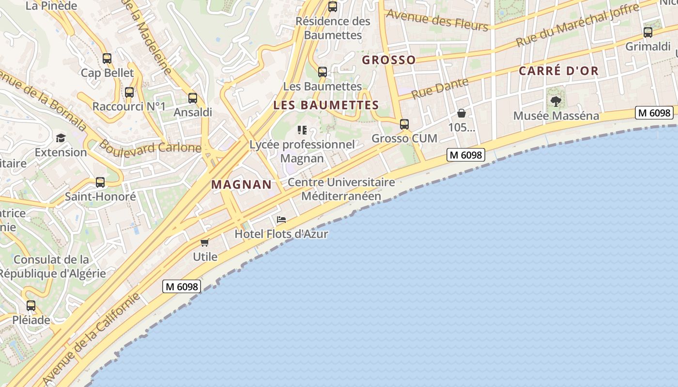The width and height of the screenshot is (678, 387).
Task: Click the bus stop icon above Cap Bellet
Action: pyautogui.click(x=107, y=59)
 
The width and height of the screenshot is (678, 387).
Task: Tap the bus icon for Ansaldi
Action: pyautogui.click(x=193, y=98)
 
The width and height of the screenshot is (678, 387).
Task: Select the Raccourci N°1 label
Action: pyautogui.click(x=129, y=106)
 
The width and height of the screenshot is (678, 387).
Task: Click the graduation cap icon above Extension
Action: pyautogui.click(x=61, y=138)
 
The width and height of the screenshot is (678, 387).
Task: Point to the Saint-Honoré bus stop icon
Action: pyautogui.click(x=100, y=182)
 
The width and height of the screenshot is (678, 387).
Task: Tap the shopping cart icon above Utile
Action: pyautogui.click(x=205, y=242)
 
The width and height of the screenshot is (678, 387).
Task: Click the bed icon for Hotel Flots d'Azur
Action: pyautogui.click(x=281, y=220)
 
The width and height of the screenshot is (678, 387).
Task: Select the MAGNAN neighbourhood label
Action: pyautogui.click(x=242, y=184)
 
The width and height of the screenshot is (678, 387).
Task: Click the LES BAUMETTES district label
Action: pyautogui.click(x=326, y=105)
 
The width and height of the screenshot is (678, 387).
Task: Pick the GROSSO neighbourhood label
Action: pyautogui.click(x=389, y=60)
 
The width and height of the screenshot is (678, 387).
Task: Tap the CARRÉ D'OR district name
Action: pyautogui.click(x=559, y=71)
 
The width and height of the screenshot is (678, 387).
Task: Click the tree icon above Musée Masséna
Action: pyautogui.click(x=556, y=102)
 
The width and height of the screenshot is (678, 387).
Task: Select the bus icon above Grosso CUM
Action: pyautogui.click(x=404, y=124)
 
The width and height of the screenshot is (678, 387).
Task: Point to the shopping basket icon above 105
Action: pyautogui.click(x=462, y=114)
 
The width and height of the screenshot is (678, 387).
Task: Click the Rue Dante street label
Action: pyautogui.click(x=440, y=88)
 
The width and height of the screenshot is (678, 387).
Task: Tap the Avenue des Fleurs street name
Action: pyautogui.click(x=437, y=20)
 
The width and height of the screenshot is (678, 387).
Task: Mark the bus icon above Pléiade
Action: pyautogui.click(x=31, y=306)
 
